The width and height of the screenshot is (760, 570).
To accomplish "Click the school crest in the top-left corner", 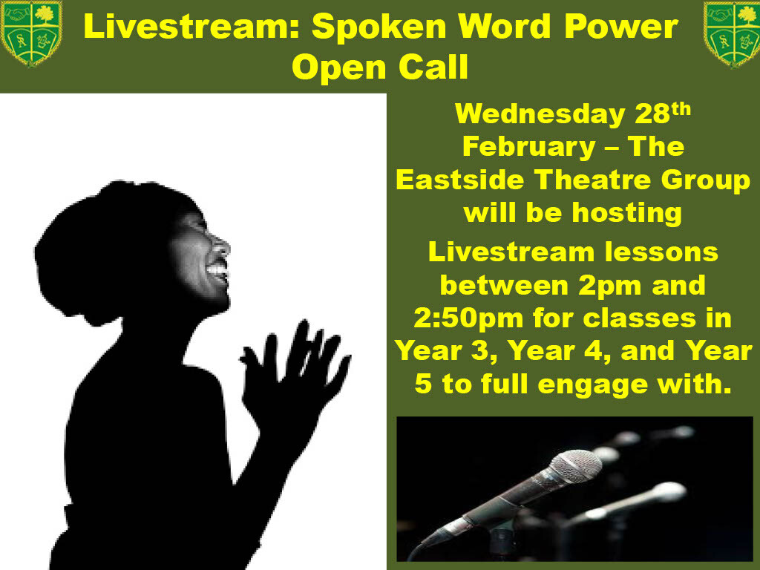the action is point(32,33).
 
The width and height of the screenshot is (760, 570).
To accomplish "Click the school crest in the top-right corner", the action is point(731,34).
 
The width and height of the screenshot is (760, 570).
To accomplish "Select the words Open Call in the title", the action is point(380,67).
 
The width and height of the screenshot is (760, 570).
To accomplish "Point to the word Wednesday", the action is point(540,114).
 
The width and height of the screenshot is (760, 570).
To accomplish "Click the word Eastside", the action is point(460,180).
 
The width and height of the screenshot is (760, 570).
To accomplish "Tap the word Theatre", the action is point(593,180).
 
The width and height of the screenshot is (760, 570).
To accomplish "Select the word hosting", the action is point(627,214).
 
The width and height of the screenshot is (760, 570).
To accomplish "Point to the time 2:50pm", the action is point(469,319).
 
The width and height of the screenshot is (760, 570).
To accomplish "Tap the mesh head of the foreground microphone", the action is point(576,467).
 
